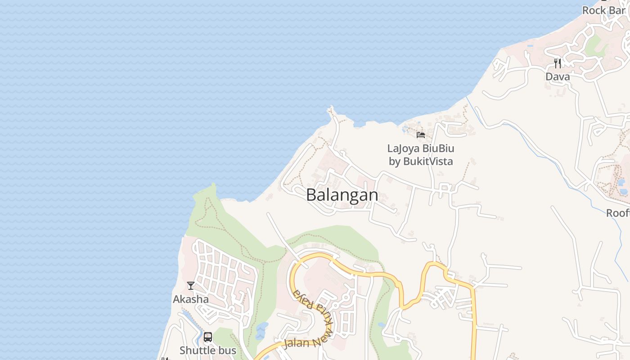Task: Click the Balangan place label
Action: coord(342,195)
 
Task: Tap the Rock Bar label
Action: coord(603,10)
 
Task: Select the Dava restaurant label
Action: coord(558,76)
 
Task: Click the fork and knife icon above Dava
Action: coord(558,63)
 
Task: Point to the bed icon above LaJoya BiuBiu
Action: coord(421,135)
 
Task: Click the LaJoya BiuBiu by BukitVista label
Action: coord(421,155)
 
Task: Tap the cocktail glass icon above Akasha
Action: coord(191,286)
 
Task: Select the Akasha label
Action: coord(191,299)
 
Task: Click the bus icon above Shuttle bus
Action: coord(208,337)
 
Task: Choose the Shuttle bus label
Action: coord(208,350)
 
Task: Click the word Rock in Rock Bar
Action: coord(594,10)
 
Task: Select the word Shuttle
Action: coord(197,350)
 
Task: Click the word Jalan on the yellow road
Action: coord(297,343)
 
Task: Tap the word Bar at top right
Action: coord(616,10)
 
